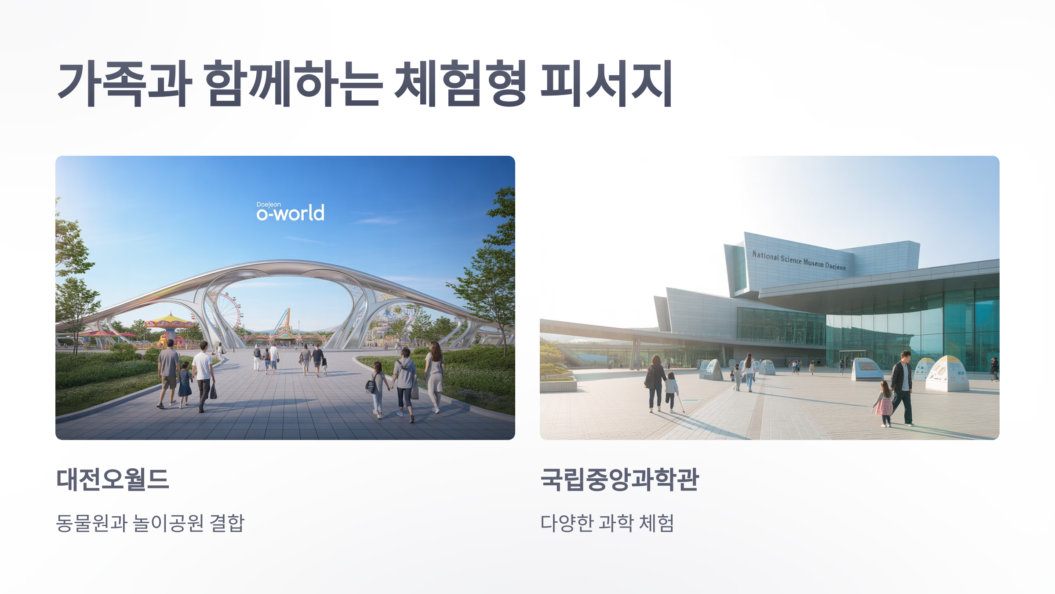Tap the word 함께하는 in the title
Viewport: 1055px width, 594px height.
click(293, 84)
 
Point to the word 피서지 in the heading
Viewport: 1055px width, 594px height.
click(606, 84)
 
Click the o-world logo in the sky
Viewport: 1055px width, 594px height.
click(291, 213)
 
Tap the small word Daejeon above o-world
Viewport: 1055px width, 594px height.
click(269, 205)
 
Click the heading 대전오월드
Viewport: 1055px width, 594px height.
click(113, 479)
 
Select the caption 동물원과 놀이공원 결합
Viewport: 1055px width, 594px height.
click(150, 523)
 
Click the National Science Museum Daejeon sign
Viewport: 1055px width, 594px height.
click(799, 260)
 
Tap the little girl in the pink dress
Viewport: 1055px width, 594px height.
click(884, 403)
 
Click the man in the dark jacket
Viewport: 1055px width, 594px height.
click(902, 385)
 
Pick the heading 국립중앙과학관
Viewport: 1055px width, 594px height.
click(619, 479)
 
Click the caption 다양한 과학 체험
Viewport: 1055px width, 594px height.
click(607, 523)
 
